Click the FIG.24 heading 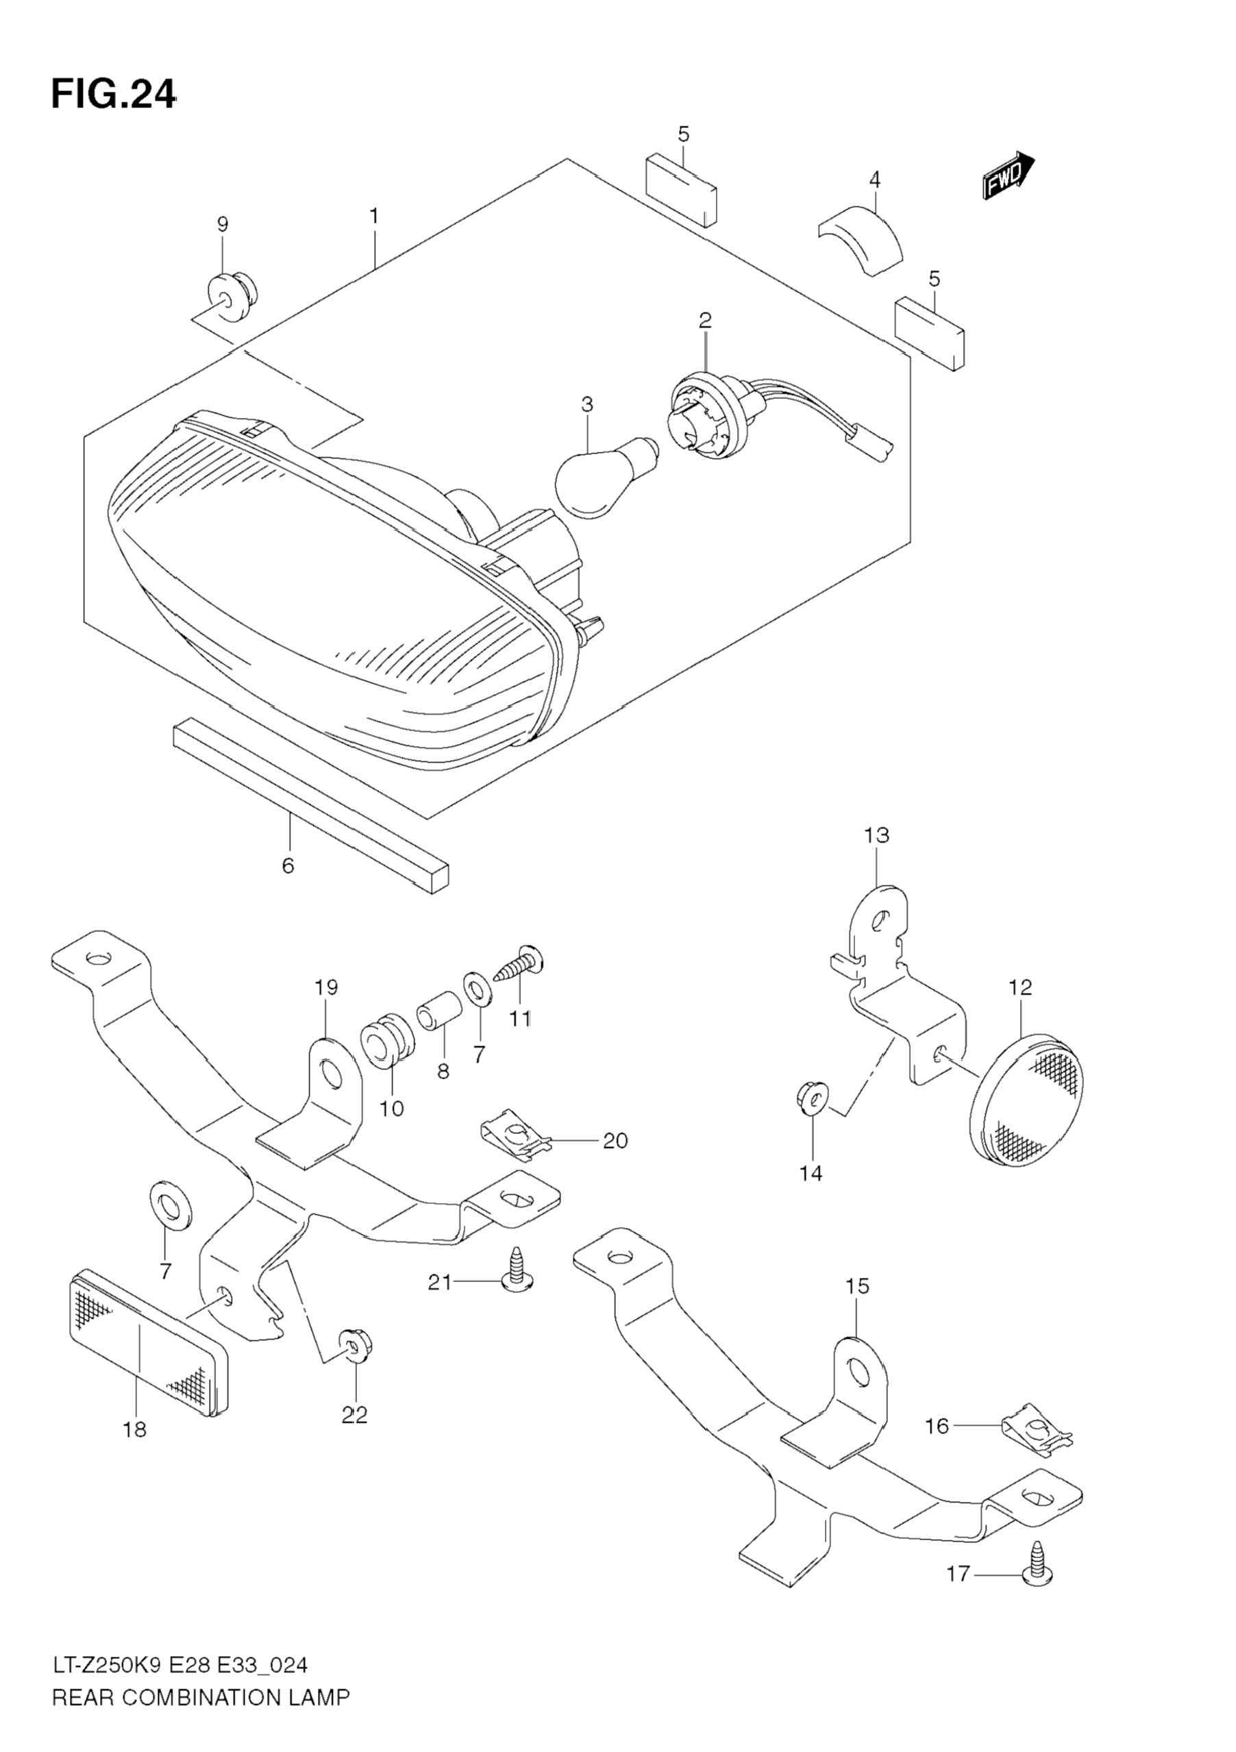(x=114, y=95)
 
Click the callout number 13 (x=877, y=835)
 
